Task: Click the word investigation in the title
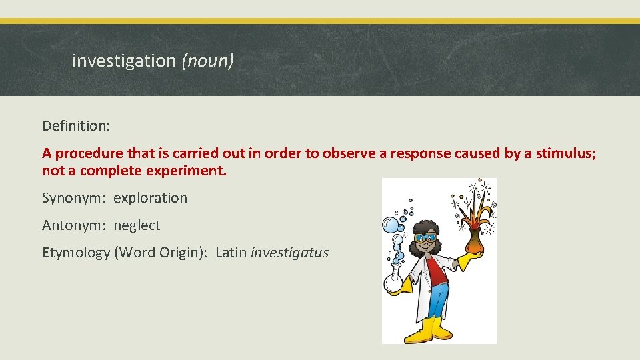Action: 123,61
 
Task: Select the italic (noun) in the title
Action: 207,61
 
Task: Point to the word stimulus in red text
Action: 565,153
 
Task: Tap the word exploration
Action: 151,198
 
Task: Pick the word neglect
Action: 137,225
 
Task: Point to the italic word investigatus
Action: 289,253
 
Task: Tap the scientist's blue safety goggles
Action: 425,237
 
